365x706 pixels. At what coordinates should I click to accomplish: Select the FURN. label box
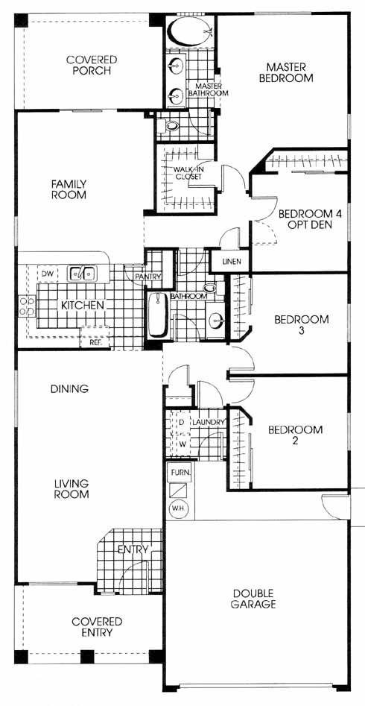coord(180,473)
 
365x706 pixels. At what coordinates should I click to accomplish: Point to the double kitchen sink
coord(82,273)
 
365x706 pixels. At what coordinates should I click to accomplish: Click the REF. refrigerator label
coord(95,341)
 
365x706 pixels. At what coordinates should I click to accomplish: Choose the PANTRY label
coord(148,277)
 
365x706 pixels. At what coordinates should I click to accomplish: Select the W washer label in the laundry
coord(182,444)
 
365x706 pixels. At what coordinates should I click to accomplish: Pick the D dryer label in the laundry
coord(182,423)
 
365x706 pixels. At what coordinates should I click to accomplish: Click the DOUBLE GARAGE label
coord(253,599)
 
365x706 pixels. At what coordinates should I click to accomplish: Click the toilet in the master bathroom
coord(171,126)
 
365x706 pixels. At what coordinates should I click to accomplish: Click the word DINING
coord(69,388)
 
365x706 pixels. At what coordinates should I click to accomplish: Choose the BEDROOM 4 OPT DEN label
coord(311,219)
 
